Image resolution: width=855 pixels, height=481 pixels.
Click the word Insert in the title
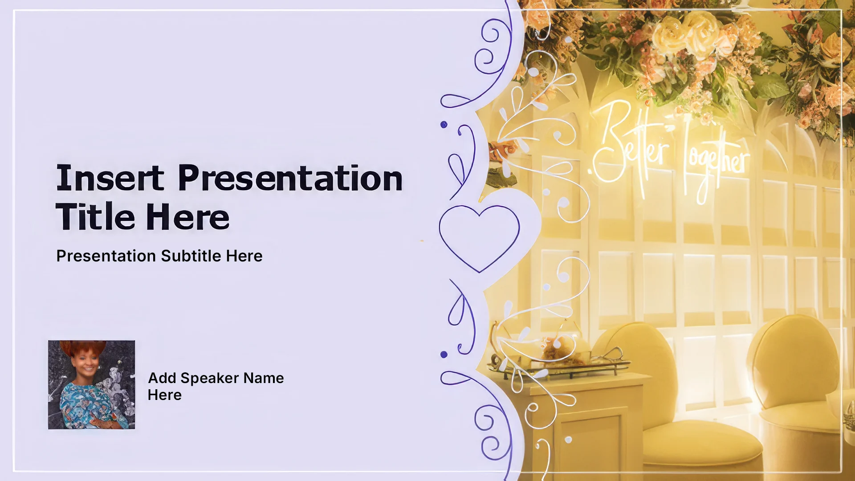[x=110, y=178]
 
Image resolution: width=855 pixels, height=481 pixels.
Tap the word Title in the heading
[x=95, y=217]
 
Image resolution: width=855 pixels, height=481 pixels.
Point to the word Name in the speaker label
[x=264, y=378]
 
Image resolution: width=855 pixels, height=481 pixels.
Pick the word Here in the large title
[x=187, y=217]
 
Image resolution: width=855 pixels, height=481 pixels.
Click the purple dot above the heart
[x=444, y=125]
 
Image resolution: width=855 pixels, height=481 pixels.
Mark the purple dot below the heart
[x=444, y=355]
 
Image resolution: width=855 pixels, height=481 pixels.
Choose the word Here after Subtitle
[x=244, y=256]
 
